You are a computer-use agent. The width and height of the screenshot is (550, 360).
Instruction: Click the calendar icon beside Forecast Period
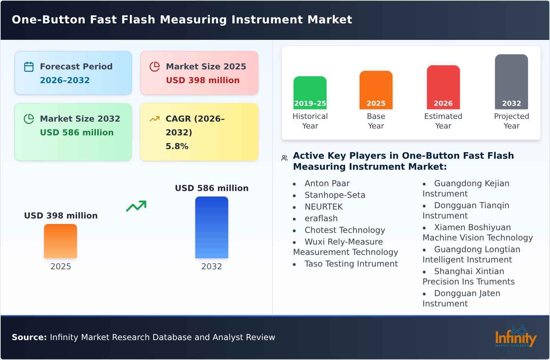tap(29, 67)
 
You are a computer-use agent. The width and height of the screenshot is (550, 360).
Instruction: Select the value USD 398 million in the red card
tap(202, 80)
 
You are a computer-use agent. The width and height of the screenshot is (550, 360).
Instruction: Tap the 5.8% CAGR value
tap(177, 146)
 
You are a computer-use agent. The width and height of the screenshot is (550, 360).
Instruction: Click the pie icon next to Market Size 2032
tap(29, 119)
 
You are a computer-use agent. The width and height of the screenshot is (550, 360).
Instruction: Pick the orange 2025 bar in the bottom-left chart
tap(60, 241)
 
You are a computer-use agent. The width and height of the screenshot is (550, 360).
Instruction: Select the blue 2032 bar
tap(211, 227)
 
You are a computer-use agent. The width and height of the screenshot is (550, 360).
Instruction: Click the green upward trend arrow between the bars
tap(136, 206)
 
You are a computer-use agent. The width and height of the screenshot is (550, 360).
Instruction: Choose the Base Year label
tap(376, 121)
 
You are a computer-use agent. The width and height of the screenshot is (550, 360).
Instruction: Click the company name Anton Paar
tap(327, 183)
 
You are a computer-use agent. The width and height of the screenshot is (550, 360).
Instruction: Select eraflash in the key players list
tap(321, 218)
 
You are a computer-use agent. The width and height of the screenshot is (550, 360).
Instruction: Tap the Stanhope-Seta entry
tap(334, 195)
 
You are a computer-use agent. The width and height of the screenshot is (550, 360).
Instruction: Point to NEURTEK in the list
tap(323, 207)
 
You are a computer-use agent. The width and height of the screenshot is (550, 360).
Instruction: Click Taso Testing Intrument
tap(351, 264)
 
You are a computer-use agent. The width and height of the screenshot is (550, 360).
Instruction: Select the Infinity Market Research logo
tap(515, 337)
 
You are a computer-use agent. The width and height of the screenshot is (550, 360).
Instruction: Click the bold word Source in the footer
tap(29, 337)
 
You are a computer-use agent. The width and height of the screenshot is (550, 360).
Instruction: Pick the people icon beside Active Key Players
tap(284, 158)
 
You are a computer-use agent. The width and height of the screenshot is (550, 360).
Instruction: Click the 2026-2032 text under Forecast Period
tap(65, 80)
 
